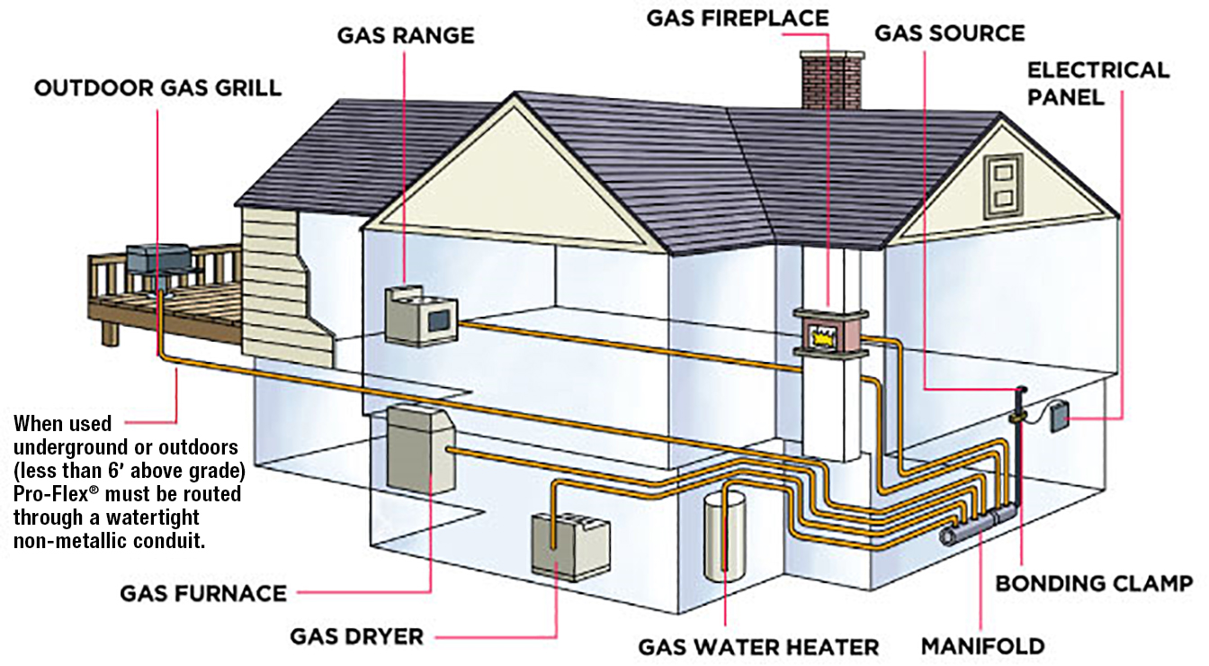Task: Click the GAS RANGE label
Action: click(406, 36)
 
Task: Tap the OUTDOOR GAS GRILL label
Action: click(158, 88)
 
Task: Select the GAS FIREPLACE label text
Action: click(738, 18)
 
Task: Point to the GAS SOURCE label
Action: click(950, 33)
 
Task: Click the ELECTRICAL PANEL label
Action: click(1098, 84)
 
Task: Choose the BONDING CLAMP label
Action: click(1094, 583)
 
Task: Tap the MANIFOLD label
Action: click(983, 646)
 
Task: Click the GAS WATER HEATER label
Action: click(758, 646)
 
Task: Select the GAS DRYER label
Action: click(357, 636)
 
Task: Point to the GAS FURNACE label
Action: click(203, 594)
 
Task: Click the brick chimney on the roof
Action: click(832, 80)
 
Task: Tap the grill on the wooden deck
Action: click(158, 265)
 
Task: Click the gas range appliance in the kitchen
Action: click(420, 316)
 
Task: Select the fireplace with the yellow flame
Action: click(830, 333)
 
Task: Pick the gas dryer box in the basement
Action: click(570, 546)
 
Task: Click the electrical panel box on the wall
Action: click(1059, 417)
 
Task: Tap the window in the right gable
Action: click(1003, 186)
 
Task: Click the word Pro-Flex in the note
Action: click(51, 494)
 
